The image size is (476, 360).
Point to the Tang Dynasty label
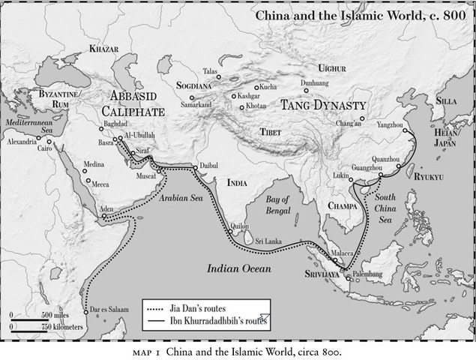[322, 106]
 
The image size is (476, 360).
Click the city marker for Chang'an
[361, 118]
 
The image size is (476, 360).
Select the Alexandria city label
[23, 140]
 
